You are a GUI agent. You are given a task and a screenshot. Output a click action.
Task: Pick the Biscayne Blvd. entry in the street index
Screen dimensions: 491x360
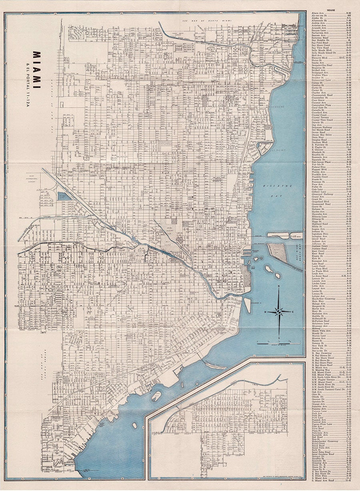320,57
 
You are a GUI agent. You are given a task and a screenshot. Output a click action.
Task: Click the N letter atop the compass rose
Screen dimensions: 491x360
279,287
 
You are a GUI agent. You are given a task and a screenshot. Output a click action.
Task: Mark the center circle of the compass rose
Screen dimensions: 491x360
279,311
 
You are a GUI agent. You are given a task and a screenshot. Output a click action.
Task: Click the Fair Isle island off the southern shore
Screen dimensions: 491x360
156,396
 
